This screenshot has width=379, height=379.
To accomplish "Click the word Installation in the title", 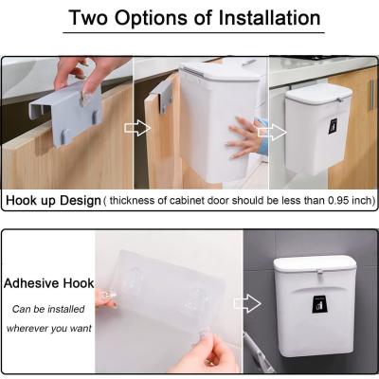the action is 269,18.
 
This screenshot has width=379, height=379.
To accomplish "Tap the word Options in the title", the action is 151,18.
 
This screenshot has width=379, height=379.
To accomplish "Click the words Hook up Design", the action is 53,201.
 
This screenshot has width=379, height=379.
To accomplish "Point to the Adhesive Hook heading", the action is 49,283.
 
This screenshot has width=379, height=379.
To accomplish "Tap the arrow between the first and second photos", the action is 137,128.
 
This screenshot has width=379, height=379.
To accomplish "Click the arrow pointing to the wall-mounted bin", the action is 248,303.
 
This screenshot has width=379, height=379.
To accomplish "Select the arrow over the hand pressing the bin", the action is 272,132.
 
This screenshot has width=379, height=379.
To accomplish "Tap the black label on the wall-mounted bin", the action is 319,305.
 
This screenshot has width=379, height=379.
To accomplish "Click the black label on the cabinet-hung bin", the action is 333,126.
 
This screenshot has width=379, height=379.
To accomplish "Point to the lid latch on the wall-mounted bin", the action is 319,273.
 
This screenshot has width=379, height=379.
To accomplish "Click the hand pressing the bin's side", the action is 244,136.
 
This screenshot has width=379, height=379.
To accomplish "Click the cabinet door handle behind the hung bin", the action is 372,94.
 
